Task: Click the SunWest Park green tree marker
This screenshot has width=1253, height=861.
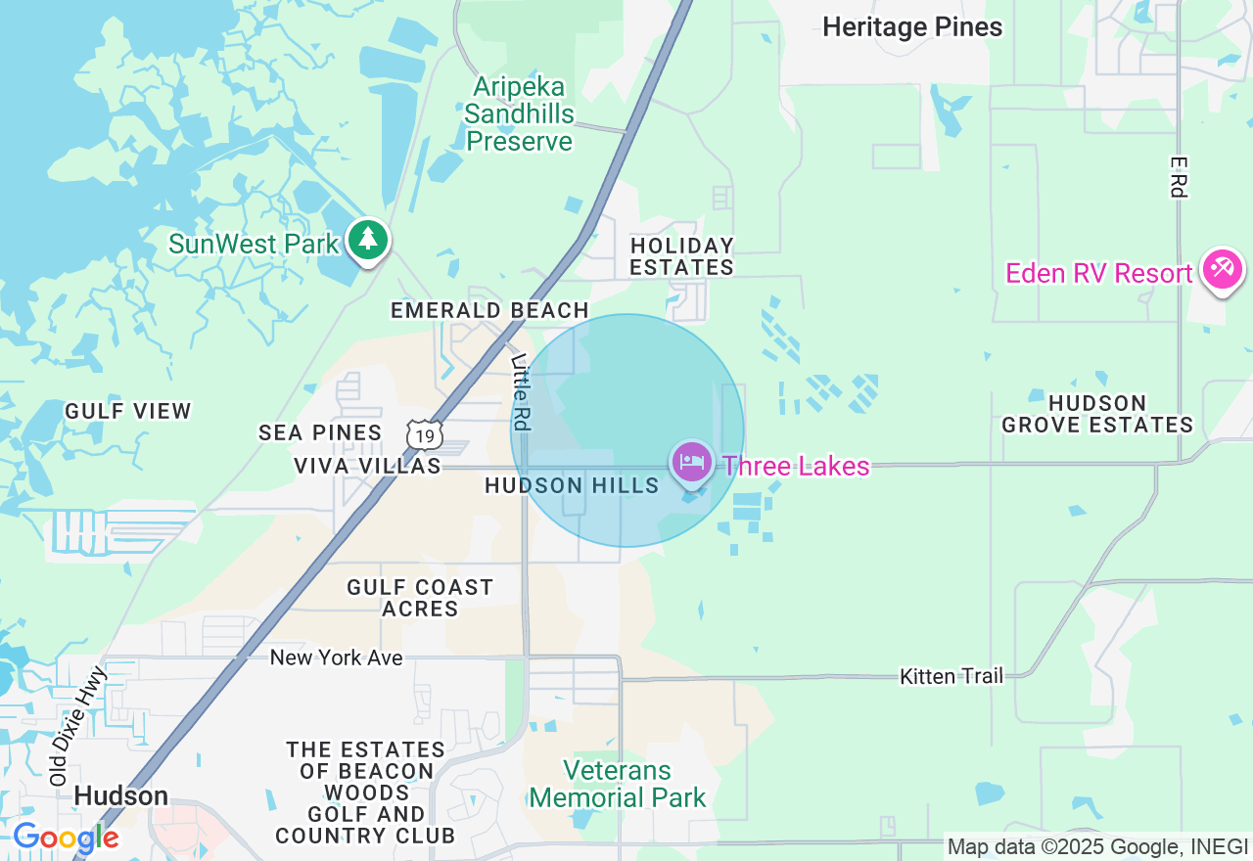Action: point(368,240)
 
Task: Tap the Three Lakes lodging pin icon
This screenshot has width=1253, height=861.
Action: point(692,462)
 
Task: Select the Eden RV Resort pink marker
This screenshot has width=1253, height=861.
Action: point(1223,269)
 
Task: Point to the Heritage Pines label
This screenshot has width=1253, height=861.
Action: point(912,27)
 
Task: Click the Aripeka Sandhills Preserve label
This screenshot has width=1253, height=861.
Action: point(520,114)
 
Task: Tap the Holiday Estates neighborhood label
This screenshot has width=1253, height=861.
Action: point(681,256)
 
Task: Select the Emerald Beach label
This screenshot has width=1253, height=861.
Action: point(489,311)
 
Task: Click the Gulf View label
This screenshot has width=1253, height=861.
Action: point(128,411)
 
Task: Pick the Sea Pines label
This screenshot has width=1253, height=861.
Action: point(320,432)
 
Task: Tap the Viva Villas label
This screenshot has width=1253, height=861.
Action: point(367,467)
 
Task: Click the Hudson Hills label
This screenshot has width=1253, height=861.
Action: point(572,486)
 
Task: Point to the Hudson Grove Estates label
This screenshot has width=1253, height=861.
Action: point(1097,414)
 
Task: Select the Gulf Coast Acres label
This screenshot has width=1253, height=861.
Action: point(420,598)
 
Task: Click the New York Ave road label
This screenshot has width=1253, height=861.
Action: point(336,657)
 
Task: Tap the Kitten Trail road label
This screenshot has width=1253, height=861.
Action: point(951,676)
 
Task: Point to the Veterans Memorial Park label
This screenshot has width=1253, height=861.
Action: point(618,785)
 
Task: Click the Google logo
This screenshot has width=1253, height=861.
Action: point(66,838)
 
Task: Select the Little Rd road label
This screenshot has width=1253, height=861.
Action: point(521,391)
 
